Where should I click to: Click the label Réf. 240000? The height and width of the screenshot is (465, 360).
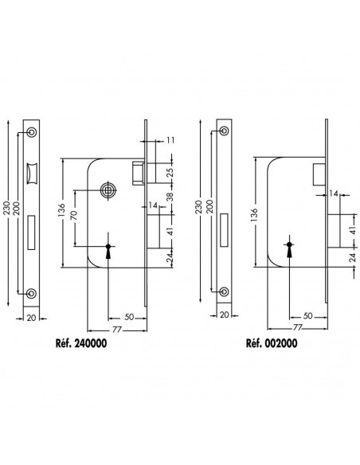[81, 343]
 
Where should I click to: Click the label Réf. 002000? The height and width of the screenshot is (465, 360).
[272, 343]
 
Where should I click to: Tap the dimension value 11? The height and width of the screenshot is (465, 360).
[170, 140]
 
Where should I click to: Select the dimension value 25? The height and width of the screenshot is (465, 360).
[170, 173]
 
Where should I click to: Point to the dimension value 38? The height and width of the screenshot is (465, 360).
[170, 197]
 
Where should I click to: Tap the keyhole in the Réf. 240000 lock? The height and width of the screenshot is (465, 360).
[108, 252]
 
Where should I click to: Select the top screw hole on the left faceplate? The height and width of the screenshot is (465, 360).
[31, 132]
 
